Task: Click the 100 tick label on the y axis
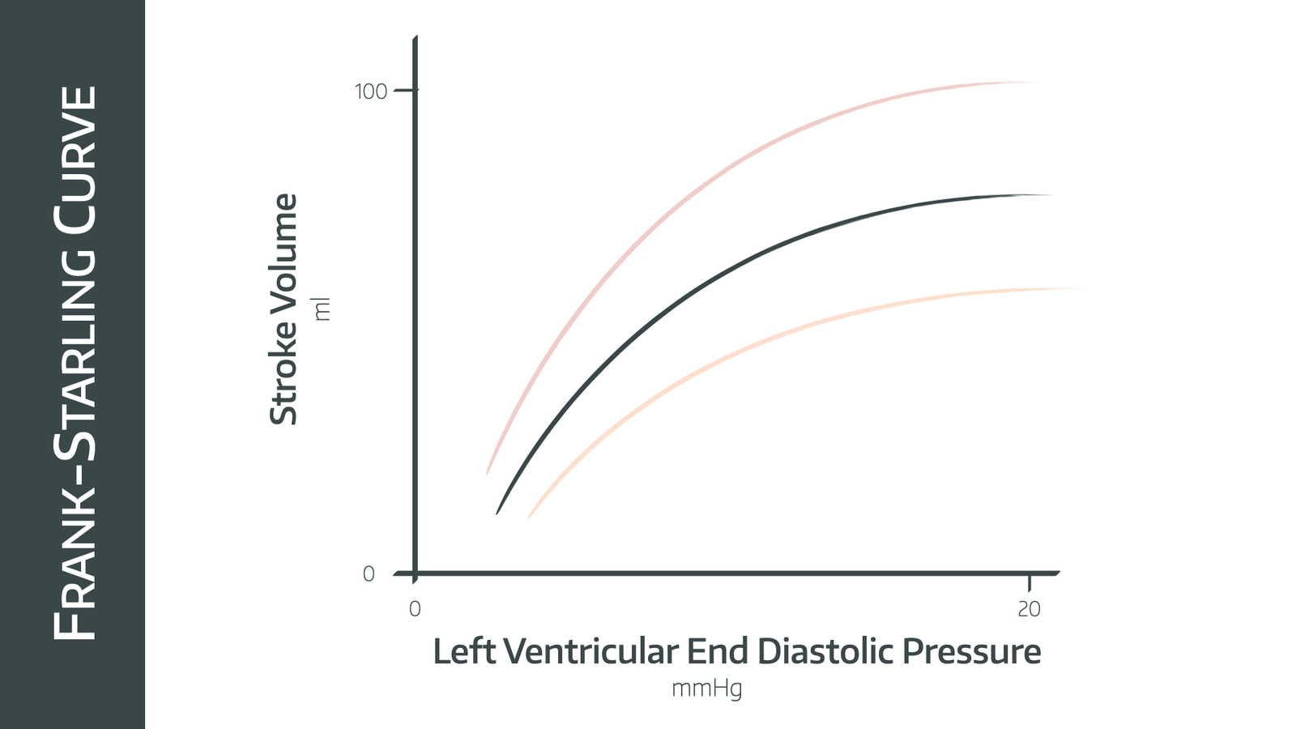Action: point(371,92)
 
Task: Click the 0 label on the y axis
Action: point(369,574)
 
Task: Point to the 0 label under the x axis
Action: point(415,609)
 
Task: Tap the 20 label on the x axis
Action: point(1029,609)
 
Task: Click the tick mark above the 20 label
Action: point(1030,583)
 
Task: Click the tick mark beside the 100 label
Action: point(405,90)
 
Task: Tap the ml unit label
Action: point(322,309)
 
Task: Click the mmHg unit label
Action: point(706,689)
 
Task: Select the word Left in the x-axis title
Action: point(463,652)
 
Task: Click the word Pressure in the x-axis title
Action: point(971,652)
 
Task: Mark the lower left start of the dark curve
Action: point(497,513)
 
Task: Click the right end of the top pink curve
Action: point(1039,82)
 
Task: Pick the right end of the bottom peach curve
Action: point(1077,288)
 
